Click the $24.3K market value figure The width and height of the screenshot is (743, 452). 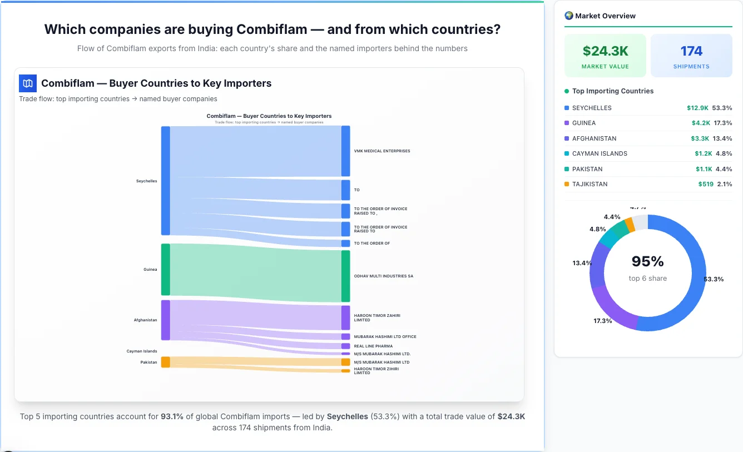pyautogui.click(x=605, y=51)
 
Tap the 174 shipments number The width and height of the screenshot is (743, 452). pyautogui.click(x=691, y=51)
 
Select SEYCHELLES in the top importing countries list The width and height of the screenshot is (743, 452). pyautogui.click(x=592, y=108)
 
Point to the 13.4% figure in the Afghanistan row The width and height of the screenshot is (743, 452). pyautogui.click(x=723, y=138)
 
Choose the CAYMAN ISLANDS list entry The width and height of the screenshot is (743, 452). pyautogui.click(x=600, y=153)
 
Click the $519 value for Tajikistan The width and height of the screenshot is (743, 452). pyautogui.click(x=706, y=184)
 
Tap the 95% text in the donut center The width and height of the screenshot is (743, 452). pyautogui.click(x=647, y=261)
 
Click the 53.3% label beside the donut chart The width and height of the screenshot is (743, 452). pyautogui.click(x=714, y=279)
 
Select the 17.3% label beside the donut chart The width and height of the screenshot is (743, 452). pyautogui.click(x=602, y=321)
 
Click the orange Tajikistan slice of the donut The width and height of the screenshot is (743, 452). pyautogui.click(x=630, y=224)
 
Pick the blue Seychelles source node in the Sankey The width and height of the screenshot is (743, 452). pyautogui.click(x=166, y=181)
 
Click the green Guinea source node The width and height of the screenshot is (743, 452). pyautogui.click(x=166, y=270)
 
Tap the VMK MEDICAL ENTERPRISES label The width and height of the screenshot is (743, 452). pyautogui.click(x=382, y=151)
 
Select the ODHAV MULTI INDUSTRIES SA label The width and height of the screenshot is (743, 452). pyautogui.click(x=383, y=276)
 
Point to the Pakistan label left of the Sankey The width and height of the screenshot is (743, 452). pyautogui.click(x=148, y=362)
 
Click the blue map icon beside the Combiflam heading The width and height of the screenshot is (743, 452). pyautogui.click(x=28, y=83)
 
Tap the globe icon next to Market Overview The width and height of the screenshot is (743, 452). pyautogui.click(x=569, y=16)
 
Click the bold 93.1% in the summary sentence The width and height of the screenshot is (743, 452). pyautogui.click(x=172, y=416)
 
